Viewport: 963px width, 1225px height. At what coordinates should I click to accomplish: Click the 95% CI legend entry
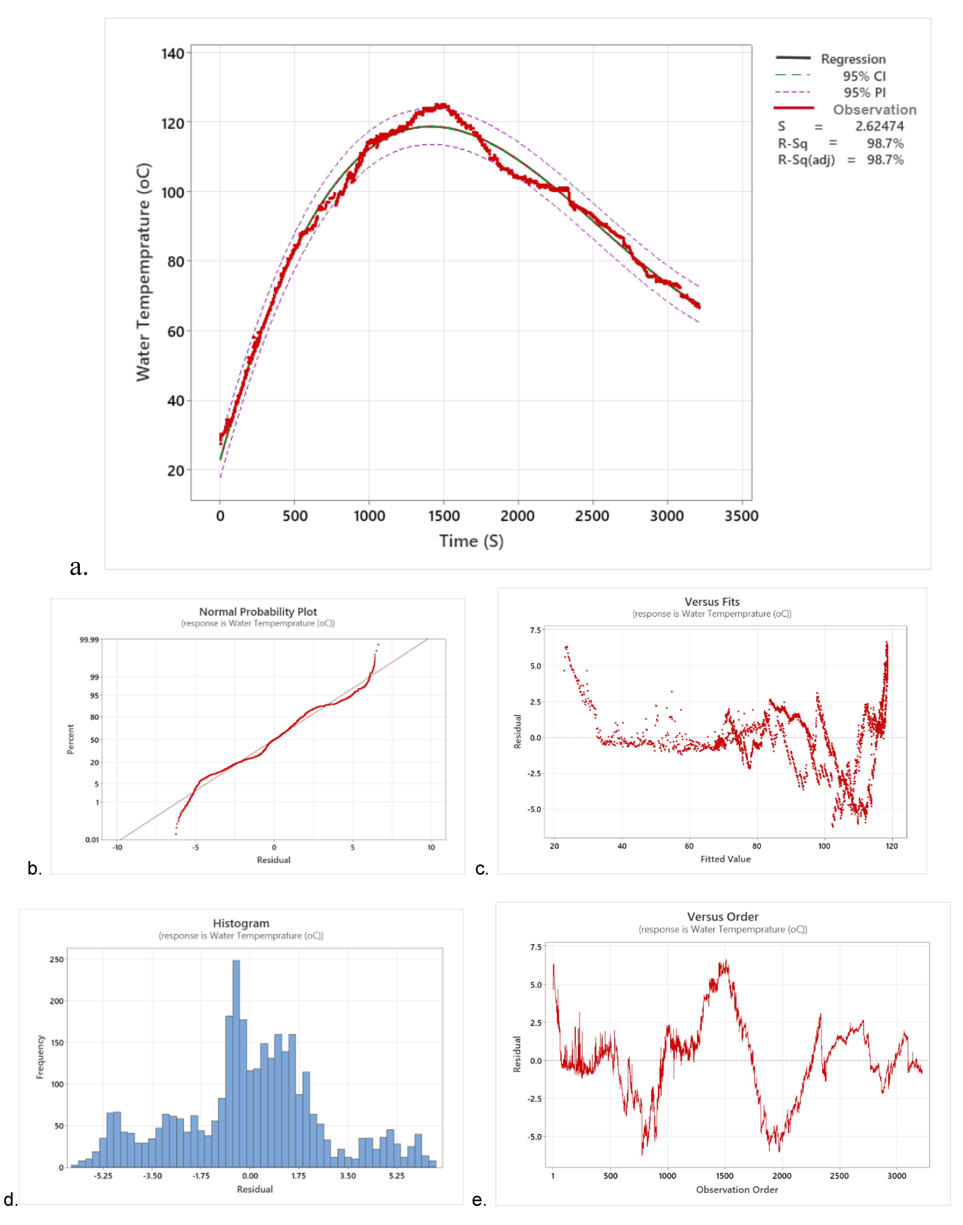click(864, 76)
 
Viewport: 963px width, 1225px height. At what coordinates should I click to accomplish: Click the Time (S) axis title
click(471, 541)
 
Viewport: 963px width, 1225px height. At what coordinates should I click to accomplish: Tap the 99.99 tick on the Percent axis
click(89, 640)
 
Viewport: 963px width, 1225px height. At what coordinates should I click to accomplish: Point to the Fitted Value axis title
click(725, 859)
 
